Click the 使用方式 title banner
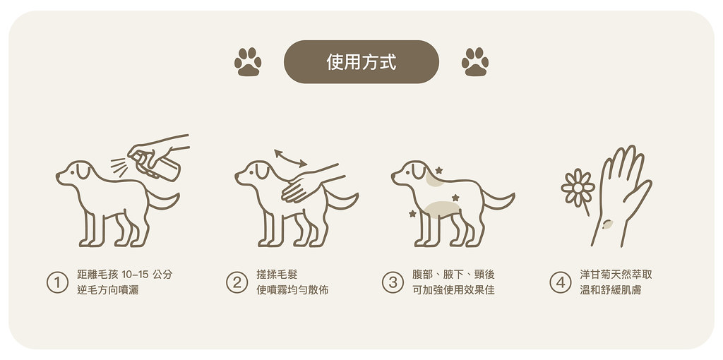coord(361,62)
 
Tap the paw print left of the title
coord(247,62)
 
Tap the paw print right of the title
coord(475,62)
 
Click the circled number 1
coord(57,282)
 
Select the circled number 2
coord(237,282)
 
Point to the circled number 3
coord(393,282)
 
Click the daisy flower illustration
coord(577,186)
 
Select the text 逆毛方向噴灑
coord(107,290)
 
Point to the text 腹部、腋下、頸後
coord(453,275)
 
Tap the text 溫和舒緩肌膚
coord(606,290)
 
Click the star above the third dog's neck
coord(438,170)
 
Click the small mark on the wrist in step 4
coord(607,224)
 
